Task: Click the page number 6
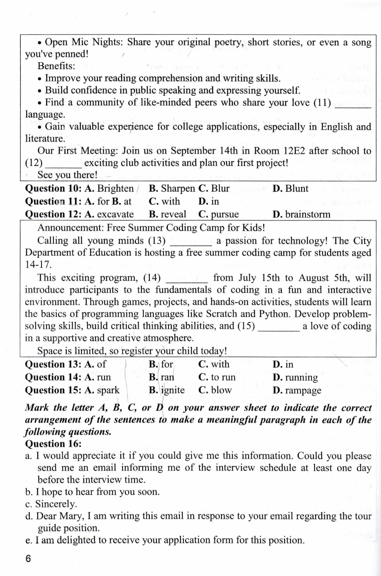click(x=28, y=559)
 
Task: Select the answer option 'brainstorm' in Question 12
click(x=307, y=214)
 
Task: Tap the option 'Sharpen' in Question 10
click(x=178, y=189)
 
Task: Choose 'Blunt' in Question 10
click(x=297, y=189)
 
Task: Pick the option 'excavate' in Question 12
click(x=115, y=214)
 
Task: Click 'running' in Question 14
click(x=301, y=377)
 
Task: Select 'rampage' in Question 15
click(x=303, y=391)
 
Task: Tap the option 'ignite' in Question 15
click(x=173, y=391)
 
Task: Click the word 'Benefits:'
click(x=56, y=66)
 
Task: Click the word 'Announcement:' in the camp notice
click(x=71, y=228)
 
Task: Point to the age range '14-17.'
click(x=38, y=265)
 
